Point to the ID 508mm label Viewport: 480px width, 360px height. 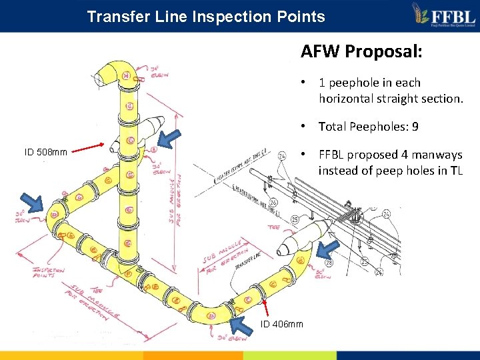[45, 152]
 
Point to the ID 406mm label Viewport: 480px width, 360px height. [281, 324]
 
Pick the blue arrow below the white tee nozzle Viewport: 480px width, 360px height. [327, 251]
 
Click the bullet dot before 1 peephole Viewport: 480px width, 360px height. [303, 83]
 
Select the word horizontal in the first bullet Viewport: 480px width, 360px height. [345, 98]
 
